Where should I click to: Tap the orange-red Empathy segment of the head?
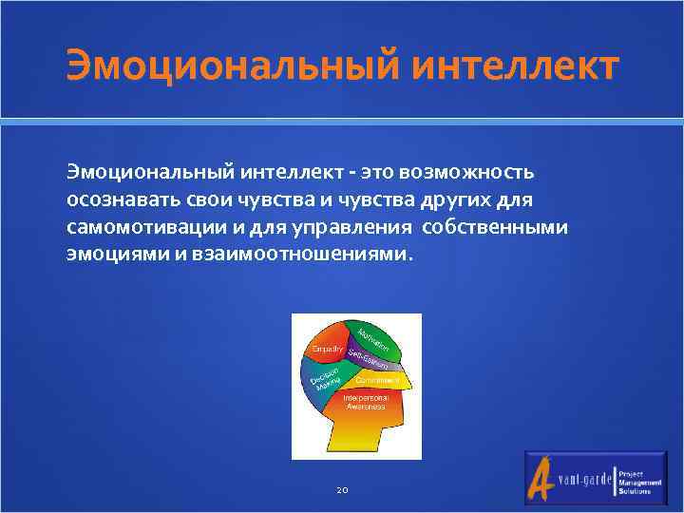[x=326, y=351]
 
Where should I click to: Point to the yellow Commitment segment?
[x=379, y=380]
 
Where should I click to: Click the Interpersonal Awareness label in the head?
[x=363, y=402]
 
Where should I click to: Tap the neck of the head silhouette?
[x=362, y=440]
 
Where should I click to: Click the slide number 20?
[x=342, y=490]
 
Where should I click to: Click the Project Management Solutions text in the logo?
[x=642, y=481]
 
